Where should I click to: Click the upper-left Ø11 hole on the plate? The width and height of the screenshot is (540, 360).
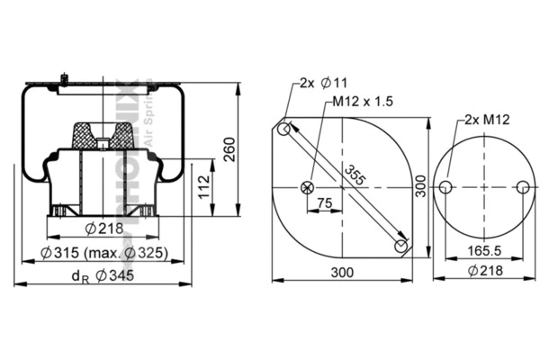tap(284, 130)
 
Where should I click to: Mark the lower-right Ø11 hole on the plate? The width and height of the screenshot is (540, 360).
tap(401, 245)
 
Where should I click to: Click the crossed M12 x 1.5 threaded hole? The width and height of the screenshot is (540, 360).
tap(308, 187)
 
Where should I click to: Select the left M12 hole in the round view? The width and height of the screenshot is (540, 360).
tap(445, 187)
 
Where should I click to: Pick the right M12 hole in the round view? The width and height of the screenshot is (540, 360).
tap(523, 187)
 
